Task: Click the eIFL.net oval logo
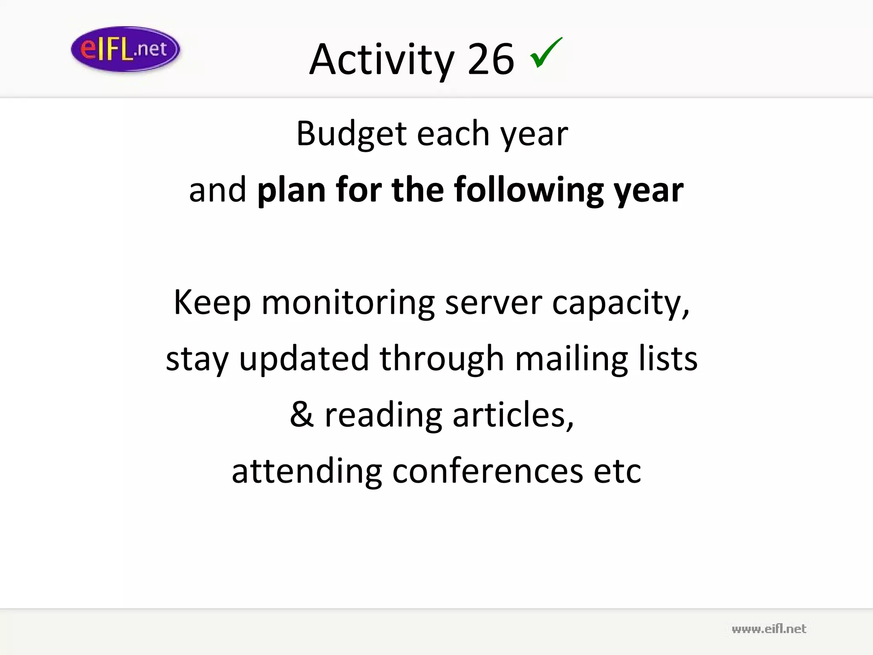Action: (x=125, y=49)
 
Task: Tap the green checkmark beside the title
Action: (x=546, y=53)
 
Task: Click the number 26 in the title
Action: (x=491, y=60)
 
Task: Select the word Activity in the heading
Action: (x=382, y=60)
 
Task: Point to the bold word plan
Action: (x=291, y=190)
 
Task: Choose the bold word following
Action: (x=528, y=190)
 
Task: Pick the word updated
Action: (x=304, y=359)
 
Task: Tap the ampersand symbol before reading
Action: (x=302, y=415)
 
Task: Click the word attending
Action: (x=306, y=471)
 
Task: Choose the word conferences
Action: (x=487, y=471)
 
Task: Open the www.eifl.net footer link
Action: (x=769, y=629)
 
